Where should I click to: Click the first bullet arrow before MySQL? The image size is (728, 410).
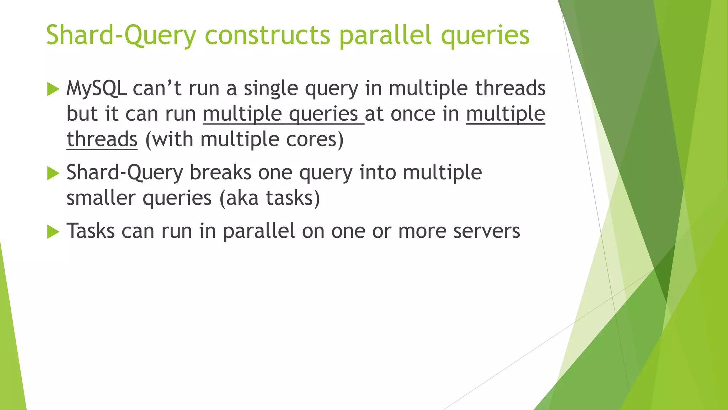53,89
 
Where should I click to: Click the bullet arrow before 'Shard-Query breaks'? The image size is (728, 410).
53,173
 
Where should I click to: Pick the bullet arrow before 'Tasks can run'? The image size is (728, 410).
53,232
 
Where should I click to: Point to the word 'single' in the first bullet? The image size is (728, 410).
271,89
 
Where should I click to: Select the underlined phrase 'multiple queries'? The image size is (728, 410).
283,114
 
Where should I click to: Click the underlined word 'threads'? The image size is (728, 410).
102,139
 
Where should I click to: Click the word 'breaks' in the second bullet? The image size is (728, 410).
220,173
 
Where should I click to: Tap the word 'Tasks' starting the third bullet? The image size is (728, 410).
91,231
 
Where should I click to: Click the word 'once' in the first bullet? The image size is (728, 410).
413,114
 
